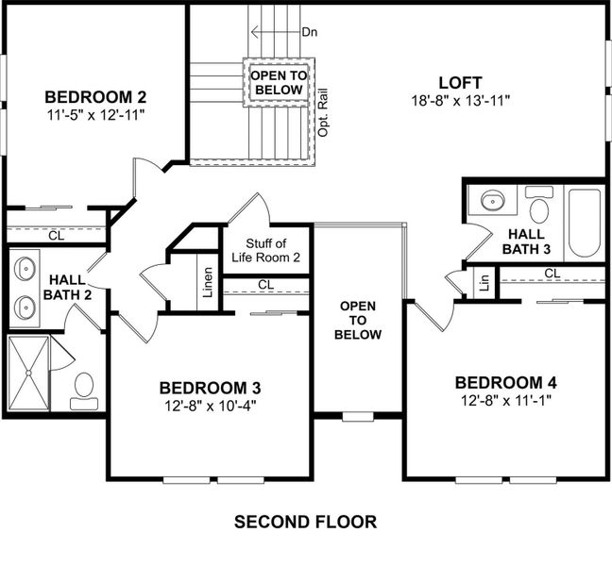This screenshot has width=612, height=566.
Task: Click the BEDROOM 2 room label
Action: [x=94, y=96]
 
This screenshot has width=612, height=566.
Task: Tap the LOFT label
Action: [x=462, y=81]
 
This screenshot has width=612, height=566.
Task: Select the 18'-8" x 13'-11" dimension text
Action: [x=462, y=100]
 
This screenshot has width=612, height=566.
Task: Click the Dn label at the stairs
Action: [x=308, y=31]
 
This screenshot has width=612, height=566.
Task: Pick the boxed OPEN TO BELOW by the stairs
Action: [x=277, y=83]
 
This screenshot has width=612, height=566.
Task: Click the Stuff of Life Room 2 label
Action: [x=266, y=251]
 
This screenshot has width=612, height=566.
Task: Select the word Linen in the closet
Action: [x=208, y=283]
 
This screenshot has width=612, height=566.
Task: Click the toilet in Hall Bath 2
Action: [x=84, y=389]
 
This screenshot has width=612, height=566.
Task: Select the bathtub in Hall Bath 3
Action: [x=585, y=224]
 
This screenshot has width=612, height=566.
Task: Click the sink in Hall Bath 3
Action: [x=492, y=201]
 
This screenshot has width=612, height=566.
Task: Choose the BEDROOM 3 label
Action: [x=210, y=388]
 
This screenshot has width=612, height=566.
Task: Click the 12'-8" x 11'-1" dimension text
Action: [x=505, y=401]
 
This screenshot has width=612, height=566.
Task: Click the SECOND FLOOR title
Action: [x=305, y=522]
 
